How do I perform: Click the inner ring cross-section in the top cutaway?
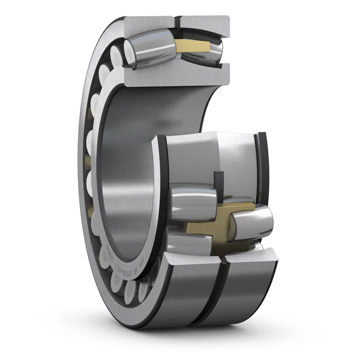(x=174, y=74)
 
